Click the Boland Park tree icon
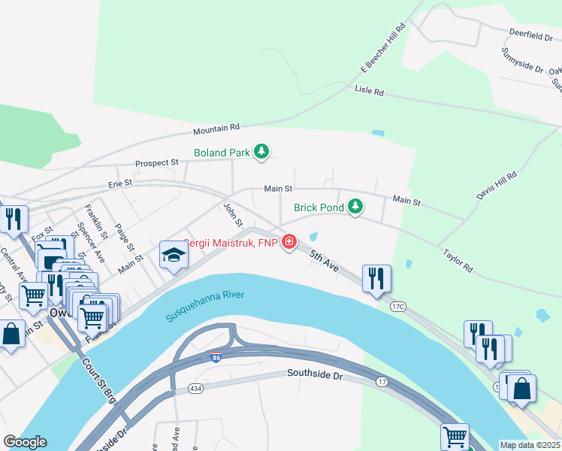click(x=261, y=153)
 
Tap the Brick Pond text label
click(x=318, y=207)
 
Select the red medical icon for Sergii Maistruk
click(x=289, y=242)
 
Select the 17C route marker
click(x=397, y=307)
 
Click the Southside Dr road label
click(x=314, y=374)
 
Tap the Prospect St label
click(x=156, y=162)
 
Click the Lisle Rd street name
click(x=369, y=91)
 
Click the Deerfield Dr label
click(x=530, y=35)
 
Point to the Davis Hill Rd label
click(x=497, y=185)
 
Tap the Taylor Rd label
click(x=458, y=261)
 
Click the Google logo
click(x=25, y=442)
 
